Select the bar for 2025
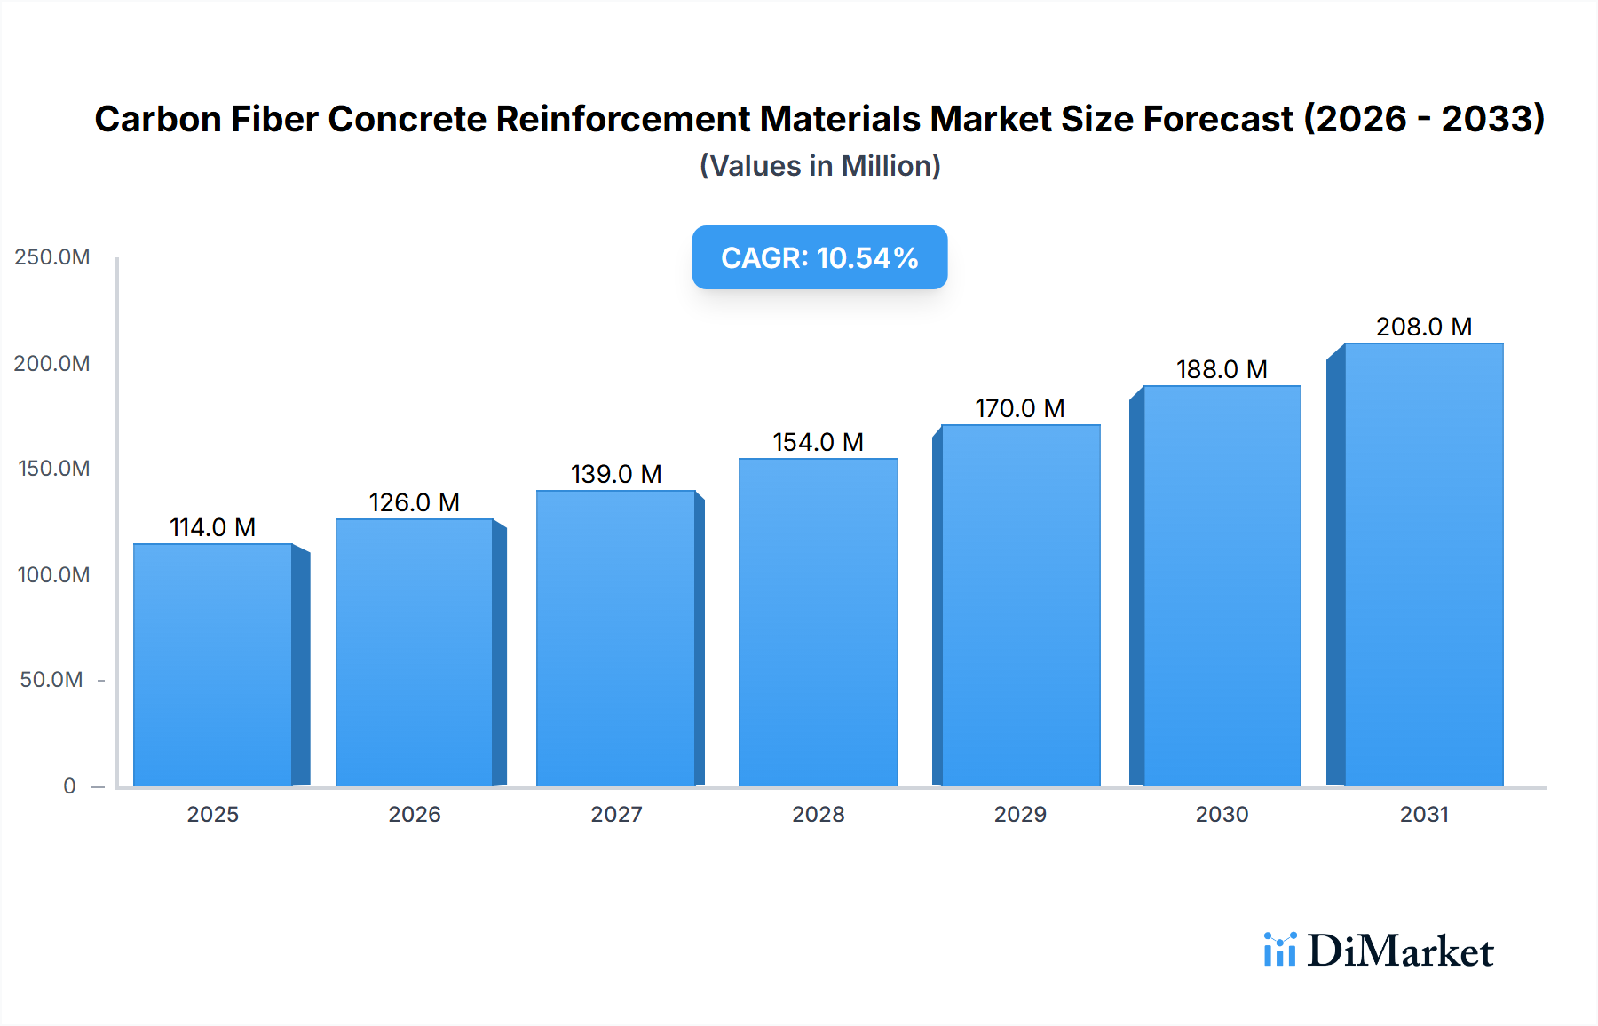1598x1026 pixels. pyautogui.click(x=213, y=666)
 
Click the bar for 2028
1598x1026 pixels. pyautogui.click(x=818, y=621)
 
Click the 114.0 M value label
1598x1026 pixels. pyautogui.click(x=213, y=527)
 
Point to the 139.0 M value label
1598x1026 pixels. pyautogui.click(x=616, y=474)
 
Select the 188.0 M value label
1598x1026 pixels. pyautogui.click(x=1222, y=369)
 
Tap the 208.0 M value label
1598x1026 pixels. pyautogui.click(x=1424, y=327)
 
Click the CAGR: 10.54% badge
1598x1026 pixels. pyautogui.click(x=819, y=257)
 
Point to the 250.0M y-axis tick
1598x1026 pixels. pyautogui.click(x=52, y=257)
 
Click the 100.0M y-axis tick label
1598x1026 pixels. pyautogui.click(x=53, y=574)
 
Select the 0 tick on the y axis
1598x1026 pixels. pyautogui.click(x=69, y=785)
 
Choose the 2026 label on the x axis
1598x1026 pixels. pyautogui.click(x=415, y=814)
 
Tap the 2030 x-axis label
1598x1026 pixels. pyautogui.click(x=1222, y=814)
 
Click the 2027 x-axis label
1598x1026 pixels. pyautogui.click(x=616, y=814)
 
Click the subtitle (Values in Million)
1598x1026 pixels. pyautogui.click(x=819, y=166)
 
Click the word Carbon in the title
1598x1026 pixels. pyautogui.click(x=157, y=119)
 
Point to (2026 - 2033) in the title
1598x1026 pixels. pyautogui.click(x=1424, y=119)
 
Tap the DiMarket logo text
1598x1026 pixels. pyautogui.click(x=1400, y=951)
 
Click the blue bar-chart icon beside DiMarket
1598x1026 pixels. pyautogui.click(x=1279, y=950)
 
